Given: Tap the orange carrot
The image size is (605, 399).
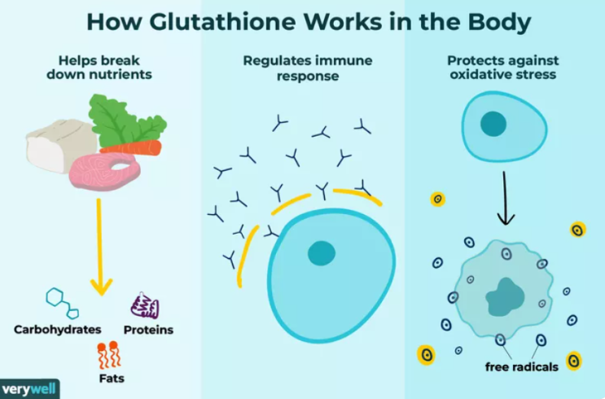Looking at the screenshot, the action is click(x=131, y=148).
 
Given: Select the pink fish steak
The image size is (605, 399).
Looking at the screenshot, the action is click(x=104, y=170).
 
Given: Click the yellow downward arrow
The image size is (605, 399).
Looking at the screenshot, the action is click(x=100, y=247).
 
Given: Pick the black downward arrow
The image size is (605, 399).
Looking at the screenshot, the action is click(x=505, y=198).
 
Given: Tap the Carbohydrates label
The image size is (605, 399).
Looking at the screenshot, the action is click(x=58, y=330).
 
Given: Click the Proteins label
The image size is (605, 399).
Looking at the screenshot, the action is click(x=148, y=330).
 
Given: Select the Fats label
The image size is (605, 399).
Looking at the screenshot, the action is click(x=112, y=378).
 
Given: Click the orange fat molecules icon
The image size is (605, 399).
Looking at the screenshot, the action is click(x=109, y=355).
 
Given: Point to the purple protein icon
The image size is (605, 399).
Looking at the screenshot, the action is click(x=145, y=305).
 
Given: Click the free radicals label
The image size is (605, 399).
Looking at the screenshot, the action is click(x=522, y=366).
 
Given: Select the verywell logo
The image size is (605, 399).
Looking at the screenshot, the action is click(x=29, y=388).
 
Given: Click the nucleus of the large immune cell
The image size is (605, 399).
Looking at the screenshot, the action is click(x=322, y=253).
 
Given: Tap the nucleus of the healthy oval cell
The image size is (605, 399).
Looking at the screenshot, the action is click(x=493, y=124).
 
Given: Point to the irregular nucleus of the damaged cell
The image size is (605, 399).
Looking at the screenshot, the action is click(x=505, y=297).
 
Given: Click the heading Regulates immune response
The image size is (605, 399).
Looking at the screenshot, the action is click(x=308, y=68).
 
